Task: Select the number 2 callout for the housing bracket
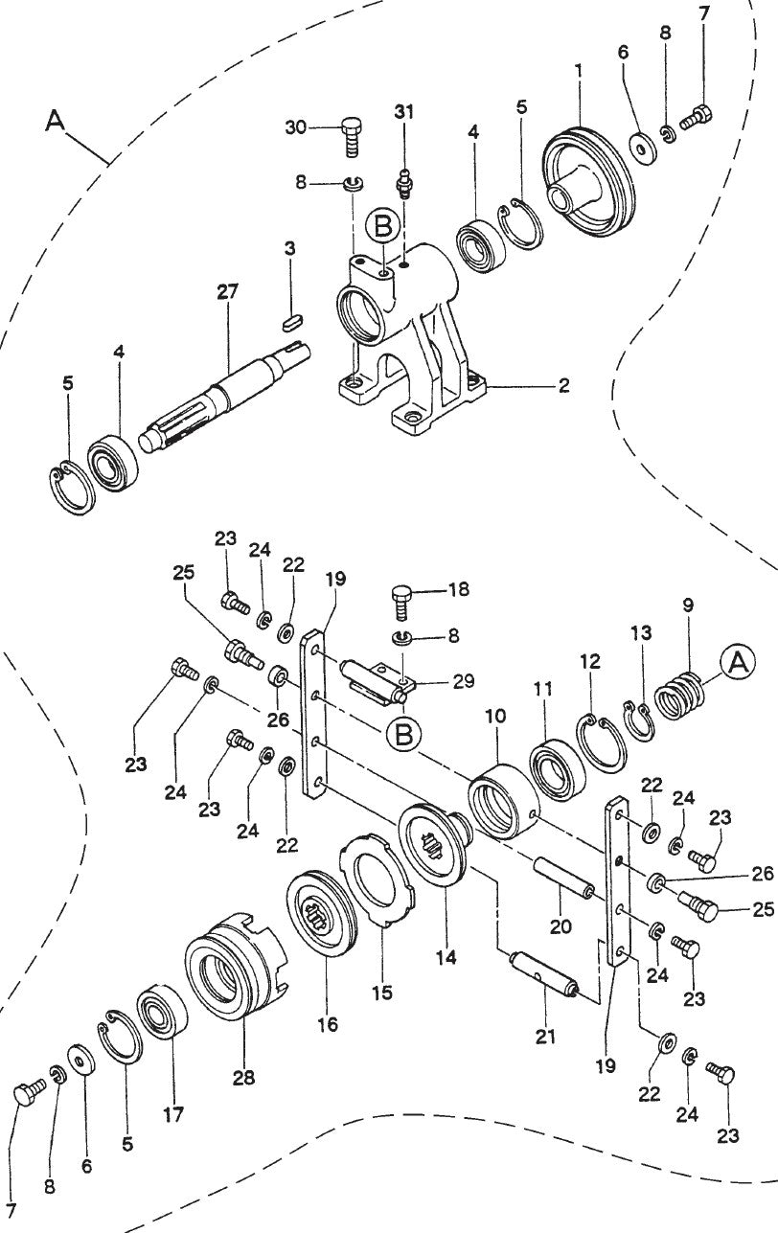tap(564, 386)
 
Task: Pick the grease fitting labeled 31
tap(404, 180)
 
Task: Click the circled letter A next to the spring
tap(738, 663)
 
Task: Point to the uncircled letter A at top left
tap(57, 121)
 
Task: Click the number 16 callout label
tap(328, 1023)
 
